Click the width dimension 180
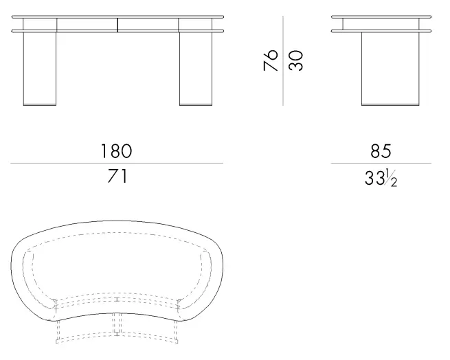(117, 151)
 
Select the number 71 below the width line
(117, 176)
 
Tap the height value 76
(271, 60)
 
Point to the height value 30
(295, 60)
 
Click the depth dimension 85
(381, 151)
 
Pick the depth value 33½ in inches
(381, 178)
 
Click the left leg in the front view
(40, 69)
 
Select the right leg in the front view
(196, 69)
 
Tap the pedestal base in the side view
(390, 69)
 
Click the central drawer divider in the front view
(117, 25)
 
